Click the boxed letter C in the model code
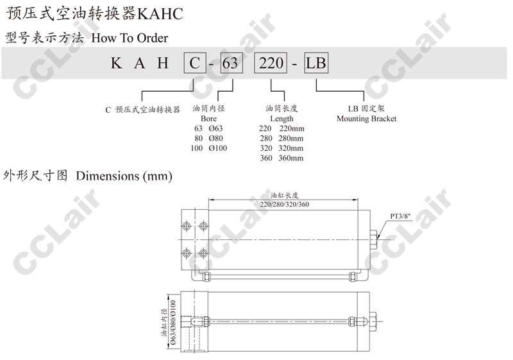(x=195, y=63)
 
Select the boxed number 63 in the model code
(x=231, y=63)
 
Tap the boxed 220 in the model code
(x=271, y=63)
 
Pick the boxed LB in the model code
(x=316, y=63)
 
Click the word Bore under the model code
(x=208, y=119)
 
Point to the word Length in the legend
(x=282, y=119)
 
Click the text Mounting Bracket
(x=366, y=119)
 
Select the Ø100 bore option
(x=218, y=148)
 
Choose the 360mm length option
(x=291, y=158)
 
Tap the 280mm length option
(x=291, y=139)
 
